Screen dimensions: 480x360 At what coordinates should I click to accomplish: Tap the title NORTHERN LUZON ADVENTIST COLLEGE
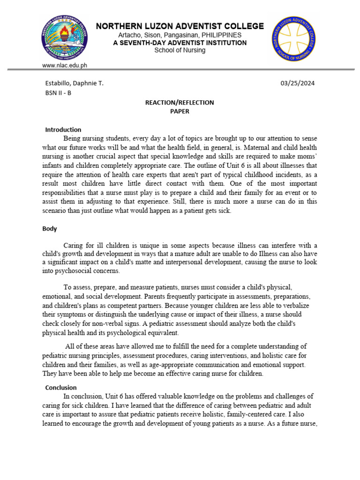coord(180,26)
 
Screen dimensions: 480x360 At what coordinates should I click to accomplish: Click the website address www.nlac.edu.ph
coord(64,66)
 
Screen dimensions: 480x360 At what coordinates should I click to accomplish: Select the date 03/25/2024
coord(298,83)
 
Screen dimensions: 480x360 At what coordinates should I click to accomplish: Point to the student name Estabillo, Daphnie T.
coord(74,83)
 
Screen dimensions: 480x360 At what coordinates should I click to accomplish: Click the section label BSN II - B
coord(59,93)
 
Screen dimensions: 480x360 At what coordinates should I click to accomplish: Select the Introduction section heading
coord(63,129)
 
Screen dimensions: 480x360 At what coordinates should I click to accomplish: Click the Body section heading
coord(50,229)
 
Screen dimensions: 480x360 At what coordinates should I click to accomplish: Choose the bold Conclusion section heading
coord(61,388)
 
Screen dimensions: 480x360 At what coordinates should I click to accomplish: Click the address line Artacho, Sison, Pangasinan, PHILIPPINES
coord(180,35)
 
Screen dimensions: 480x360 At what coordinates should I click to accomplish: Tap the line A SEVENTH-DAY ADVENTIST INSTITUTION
coord(180,43)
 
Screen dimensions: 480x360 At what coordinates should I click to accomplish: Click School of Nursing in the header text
coord(180,51)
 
